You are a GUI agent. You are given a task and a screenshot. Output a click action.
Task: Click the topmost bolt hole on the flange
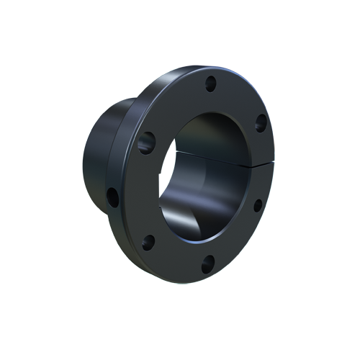[211, 83]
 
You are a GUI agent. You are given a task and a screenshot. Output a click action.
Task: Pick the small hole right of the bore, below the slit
[257, 205]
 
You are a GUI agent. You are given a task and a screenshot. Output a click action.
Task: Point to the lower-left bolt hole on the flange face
[148, 242]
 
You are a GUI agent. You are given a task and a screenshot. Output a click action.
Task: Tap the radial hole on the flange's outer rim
[113, 195]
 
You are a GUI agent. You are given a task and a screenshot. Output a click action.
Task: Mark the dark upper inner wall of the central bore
[216, 130]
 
